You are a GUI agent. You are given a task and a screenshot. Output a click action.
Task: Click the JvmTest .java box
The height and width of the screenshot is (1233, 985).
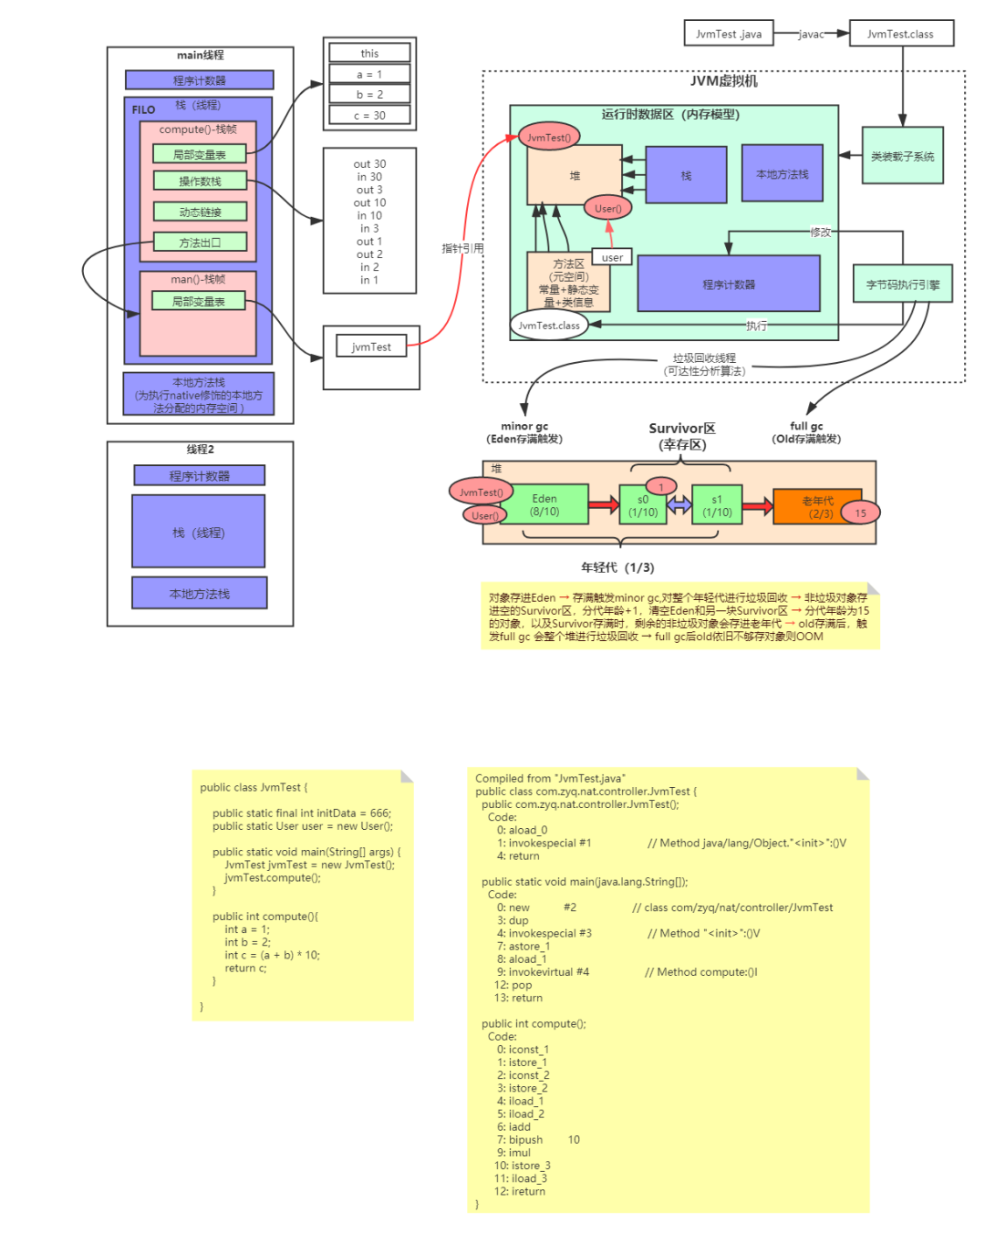pos(728,34)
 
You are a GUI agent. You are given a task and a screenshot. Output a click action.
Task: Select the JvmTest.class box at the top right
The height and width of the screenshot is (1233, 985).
pos(900,34)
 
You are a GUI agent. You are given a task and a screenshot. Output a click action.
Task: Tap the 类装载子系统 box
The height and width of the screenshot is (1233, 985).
pos(902,156)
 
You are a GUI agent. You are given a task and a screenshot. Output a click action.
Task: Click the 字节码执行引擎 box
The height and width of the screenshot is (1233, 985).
pos(902,285)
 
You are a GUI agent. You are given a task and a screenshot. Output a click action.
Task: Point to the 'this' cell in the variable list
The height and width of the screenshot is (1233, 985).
pos(369,54)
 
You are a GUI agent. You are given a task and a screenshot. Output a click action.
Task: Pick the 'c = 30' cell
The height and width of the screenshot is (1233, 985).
pos(369,116)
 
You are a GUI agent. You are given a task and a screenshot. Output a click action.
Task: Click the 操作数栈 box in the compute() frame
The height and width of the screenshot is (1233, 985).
pos(200,181)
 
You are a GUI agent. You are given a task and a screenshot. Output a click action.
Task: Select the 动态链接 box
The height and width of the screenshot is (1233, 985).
pos(200,212)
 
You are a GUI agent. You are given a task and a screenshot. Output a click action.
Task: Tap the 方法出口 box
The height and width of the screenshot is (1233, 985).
pos(200,243)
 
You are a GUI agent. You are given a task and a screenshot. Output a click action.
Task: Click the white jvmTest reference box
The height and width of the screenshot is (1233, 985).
pos(371,347)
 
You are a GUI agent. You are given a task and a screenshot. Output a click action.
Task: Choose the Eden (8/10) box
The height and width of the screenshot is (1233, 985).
pos(544,505)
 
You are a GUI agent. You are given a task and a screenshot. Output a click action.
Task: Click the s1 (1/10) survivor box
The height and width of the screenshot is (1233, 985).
pos(717,505)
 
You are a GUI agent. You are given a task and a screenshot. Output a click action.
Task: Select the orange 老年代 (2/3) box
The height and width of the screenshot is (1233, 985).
pos(817,507)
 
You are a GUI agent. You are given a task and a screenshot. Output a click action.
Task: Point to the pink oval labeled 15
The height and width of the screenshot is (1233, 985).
pos(860,513)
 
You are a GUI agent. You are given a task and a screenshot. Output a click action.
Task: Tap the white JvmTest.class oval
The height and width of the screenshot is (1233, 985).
pos(548,326)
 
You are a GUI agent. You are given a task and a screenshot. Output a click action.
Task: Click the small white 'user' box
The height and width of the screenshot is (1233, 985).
pos(612,257)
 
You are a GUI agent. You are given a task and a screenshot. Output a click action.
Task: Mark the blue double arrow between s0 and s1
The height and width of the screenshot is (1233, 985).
pos(679,505)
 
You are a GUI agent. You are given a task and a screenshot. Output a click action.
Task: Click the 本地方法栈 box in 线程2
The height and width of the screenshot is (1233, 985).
pos(200,593)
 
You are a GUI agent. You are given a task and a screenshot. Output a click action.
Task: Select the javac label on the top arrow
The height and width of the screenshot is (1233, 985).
pos(811,34)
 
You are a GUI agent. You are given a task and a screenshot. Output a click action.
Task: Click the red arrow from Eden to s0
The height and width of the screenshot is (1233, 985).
pos(603,505)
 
